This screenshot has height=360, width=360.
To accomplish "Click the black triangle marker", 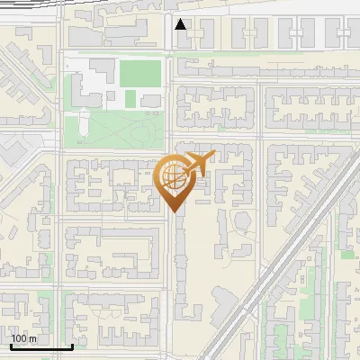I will [x=181, y=24].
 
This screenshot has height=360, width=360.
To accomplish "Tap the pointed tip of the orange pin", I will [x=174, y=211].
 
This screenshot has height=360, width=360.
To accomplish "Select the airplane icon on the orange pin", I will [x=197, y=164].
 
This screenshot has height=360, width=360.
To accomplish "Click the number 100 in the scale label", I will [x=19, y=338].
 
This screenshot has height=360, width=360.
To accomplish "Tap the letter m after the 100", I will [x=33, y=338].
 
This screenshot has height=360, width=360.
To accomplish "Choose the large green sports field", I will [x=140, y=73].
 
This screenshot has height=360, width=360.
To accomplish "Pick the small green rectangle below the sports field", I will [x=130, y=97].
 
